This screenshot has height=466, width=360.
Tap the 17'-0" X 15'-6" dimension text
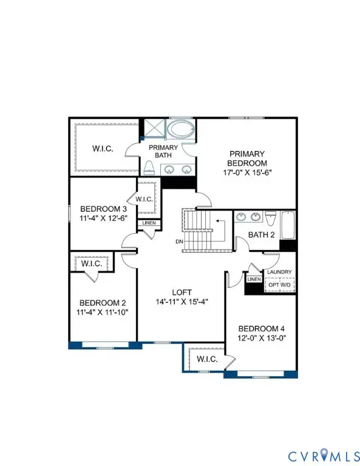click(x=247, y=172)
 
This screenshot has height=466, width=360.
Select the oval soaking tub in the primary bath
click(x=180, y=130)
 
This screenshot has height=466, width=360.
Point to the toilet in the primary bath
click(x=148, y=167)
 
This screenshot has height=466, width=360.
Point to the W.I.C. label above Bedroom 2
click(x=91, y=264)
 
